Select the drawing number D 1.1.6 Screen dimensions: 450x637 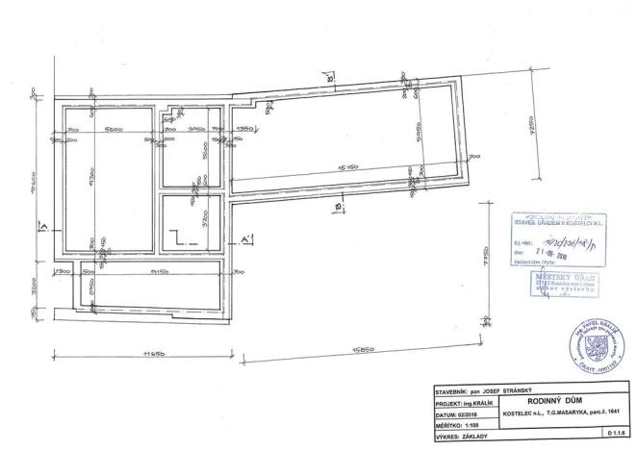point(616,437)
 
